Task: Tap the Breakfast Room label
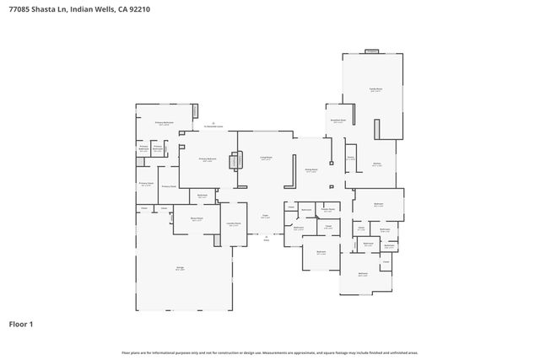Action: coord(337,121)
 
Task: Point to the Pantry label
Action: coord(350,157)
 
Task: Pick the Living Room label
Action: coord(265,158)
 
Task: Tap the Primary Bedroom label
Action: coord(208,159)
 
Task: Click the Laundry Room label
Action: coord(233,223)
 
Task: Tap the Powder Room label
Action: coord(328,209)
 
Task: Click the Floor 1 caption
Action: coord(21,323)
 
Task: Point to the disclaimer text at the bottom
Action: coord(270,352)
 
